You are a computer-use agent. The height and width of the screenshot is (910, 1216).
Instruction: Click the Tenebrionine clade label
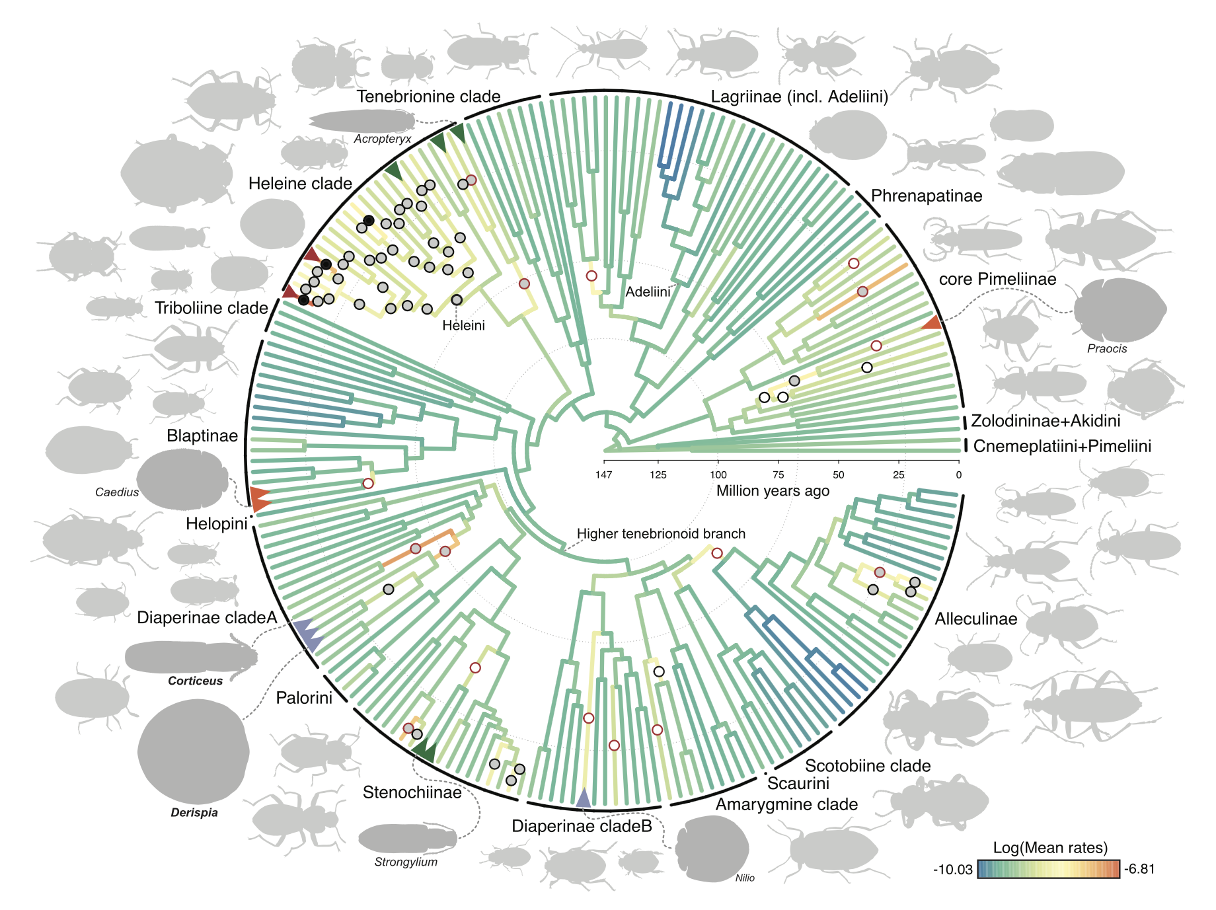point(428,97)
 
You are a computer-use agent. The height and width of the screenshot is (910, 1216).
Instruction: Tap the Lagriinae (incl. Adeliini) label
point(799,97)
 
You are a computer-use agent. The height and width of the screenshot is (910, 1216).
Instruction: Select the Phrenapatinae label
point(926,196)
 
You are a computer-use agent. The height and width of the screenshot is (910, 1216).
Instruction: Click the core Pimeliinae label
point(997,280)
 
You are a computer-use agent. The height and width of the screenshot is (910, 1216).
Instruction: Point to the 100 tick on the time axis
point(718,474)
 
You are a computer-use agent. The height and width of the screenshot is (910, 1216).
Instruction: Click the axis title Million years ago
point(773,491)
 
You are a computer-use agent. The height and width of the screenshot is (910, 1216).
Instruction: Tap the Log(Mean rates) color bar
point(1048,869)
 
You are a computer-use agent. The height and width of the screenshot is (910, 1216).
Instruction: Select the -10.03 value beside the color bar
point(952,870)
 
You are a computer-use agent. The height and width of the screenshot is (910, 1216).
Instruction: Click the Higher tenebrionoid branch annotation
point(661,534)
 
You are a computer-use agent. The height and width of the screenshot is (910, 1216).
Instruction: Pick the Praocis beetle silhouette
point(1120,310)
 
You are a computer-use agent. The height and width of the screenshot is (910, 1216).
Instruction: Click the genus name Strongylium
point(406,862)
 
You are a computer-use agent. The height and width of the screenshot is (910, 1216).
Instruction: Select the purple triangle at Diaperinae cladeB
point(583,798)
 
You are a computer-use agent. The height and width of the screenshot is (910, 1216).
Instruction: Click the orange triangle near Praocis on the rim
point(932,322)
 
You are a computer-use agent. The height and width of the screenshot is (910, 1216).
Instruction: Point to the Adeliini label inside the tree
point(648,292)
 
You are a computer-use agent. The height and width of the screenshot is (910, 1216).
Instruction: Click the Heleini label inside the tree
point(463,325)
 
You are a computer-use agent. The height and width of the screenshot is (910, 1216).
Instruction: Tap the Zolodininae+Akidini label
point(1045,421)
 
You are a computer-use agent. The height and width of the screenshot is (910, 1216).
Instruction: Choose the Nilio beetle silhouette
point(712,849)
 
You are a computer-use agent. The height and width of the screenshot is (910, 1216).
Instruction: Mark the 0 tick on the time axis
point(958,474)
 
